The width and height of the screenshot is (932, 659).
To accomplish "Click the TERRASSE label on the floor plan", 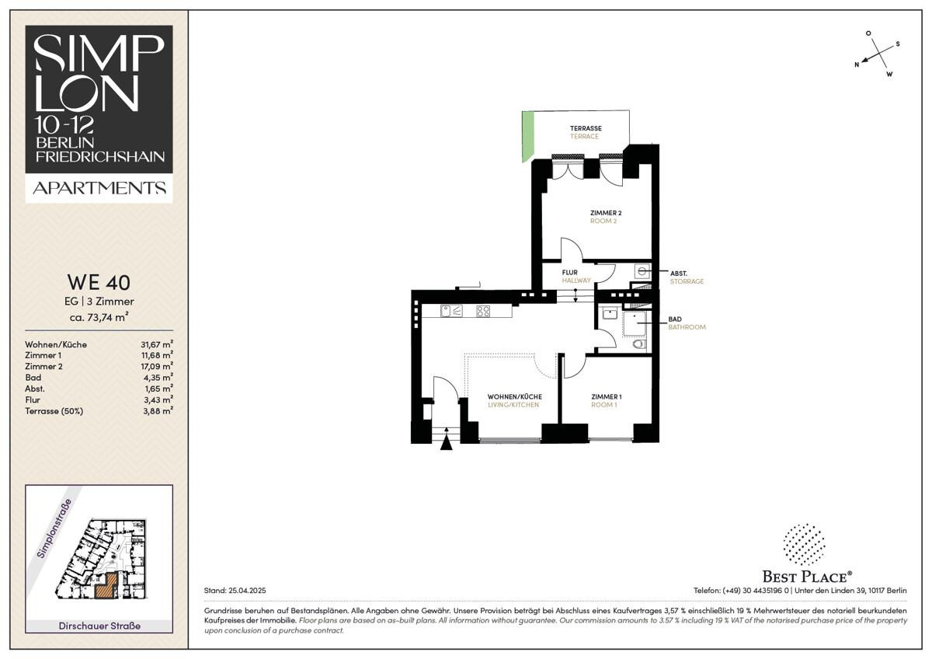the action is point(586,128).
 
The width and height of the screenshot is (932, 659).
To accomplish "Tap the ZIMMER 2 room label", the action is point(605,213).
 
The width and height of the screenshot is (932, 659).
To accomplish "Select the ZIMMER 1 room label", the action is point(607,397).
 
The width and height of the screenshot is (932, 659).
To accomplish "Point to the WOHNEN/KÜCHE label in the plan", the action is point(515,397).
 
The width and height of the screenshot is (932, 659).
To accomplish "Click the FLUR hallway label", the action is point(569,272).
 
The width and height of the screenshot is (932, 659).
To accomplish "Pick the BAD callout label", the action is point(675,319).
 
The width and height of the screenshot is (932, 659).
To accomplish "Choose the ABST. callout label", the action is point(679,274).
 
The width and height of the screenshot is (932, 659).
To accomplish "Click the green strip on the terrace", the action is point(528,136).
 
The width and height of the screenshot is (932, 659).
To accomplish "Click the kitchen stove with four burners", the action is point(483,311).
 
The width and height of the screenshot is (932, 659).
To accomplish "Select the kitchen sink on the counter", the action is point(451,311).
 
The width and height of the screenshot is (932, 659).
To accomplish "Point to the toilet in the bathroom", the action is point(639,344).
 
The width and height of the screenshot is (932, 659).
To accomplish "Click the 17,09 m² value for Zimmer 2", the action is point(156,366).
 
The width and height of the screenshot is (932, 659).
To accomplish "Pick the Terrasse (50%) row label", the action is point(54,411).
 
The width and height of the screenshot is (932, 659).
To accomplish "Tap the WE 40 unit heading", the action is point(99,283).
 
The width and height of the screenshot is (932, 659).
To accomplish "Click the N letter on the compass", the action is point(857,65).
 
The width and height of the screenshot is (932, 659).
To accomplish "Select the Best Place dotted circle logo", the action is point(805,545).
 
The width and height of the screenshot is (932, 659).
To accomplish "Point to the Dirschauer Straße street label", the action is point(99,626).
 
